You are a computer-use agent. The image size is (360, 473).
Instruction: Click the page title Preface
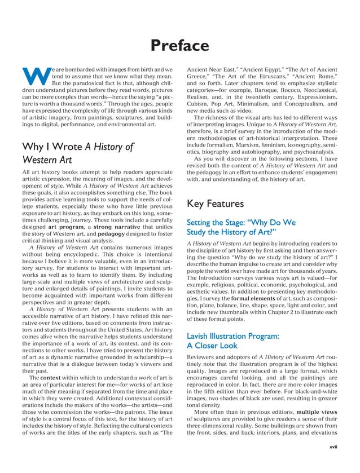click(180, 46)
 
